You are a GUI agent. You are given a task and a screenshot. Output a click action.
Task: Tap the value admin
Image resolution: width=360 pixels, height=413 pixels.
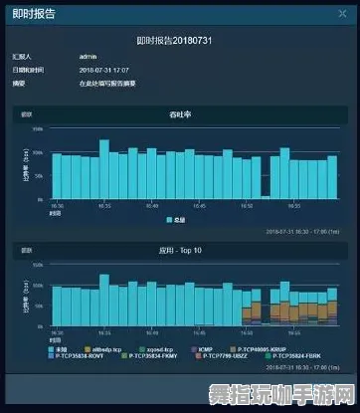87,57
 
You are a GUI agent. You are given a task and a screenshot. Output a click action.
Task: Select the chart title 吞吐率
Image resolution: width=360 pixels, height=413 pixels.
180,115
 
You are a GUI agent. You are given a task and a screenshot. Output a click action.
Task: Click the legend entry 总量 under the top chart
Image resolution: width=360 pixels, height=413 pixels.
176,219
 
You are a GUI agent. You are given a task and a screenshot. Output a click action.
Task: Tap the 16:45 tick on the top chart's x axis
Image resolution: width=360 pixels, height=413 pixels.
200,205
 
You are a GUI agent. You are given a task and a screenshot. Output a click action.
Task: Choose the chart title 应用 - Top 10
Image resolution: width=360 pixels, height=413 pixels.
180,254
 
